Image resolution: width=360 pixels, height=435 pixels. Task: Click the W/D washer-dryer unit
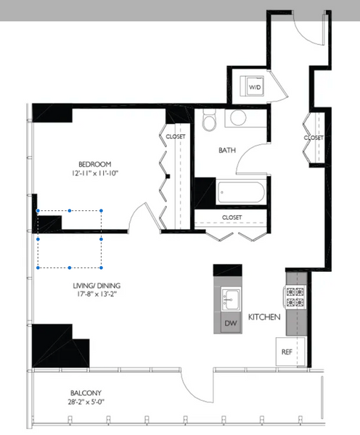(x=252, y=86)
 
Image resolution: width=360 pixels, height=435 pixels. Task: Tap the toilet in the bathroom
(x=209, y=120)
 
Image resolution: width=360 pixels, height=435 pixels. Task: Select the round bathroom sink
(x=238, y=117)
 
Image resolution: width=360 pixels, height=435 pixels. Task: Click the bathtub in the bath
(x=240, y=192)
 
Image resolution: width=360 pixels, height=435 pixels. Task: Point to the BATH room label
(x=227, y=150)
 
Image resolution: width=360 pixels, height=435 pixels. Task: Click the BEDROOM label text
(x=95, y=165)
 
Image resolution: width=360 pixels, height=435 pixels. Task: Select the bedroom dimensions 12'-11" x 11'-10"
(x=95, y=173)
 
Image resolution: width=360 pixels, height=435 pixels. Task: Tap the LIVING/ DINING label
(x=97, y=286)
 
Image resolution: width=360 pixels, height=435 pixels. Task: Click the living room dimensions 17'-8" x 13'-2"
(x=97, y=294)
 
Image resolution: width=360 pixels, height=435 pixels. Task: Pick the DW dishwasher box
(x=231, y=323)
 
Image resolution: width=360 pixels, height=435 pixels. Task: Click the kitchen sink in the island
(x=231, y=299)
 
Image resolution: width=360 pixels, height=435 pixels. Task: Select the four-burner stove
(x=295, y=297)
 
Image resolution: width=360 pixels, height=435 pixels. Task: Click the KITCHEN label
(x=264, y=317)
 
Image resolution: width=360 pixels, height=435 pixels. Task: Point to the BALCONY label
(x=86, y=393)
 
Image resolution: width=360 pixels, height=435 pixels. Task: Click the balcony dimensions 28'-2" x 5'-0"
(x=86, y=402)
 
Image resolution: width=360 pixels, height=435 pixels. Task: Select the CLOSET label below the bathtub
(x=232, y=217)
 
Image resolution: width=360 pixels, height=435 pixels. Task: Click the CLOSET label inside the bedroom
(x=176, y=136)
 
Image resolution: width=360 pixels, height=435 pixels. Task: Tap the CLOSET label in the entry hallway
(x=314, y=138)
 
